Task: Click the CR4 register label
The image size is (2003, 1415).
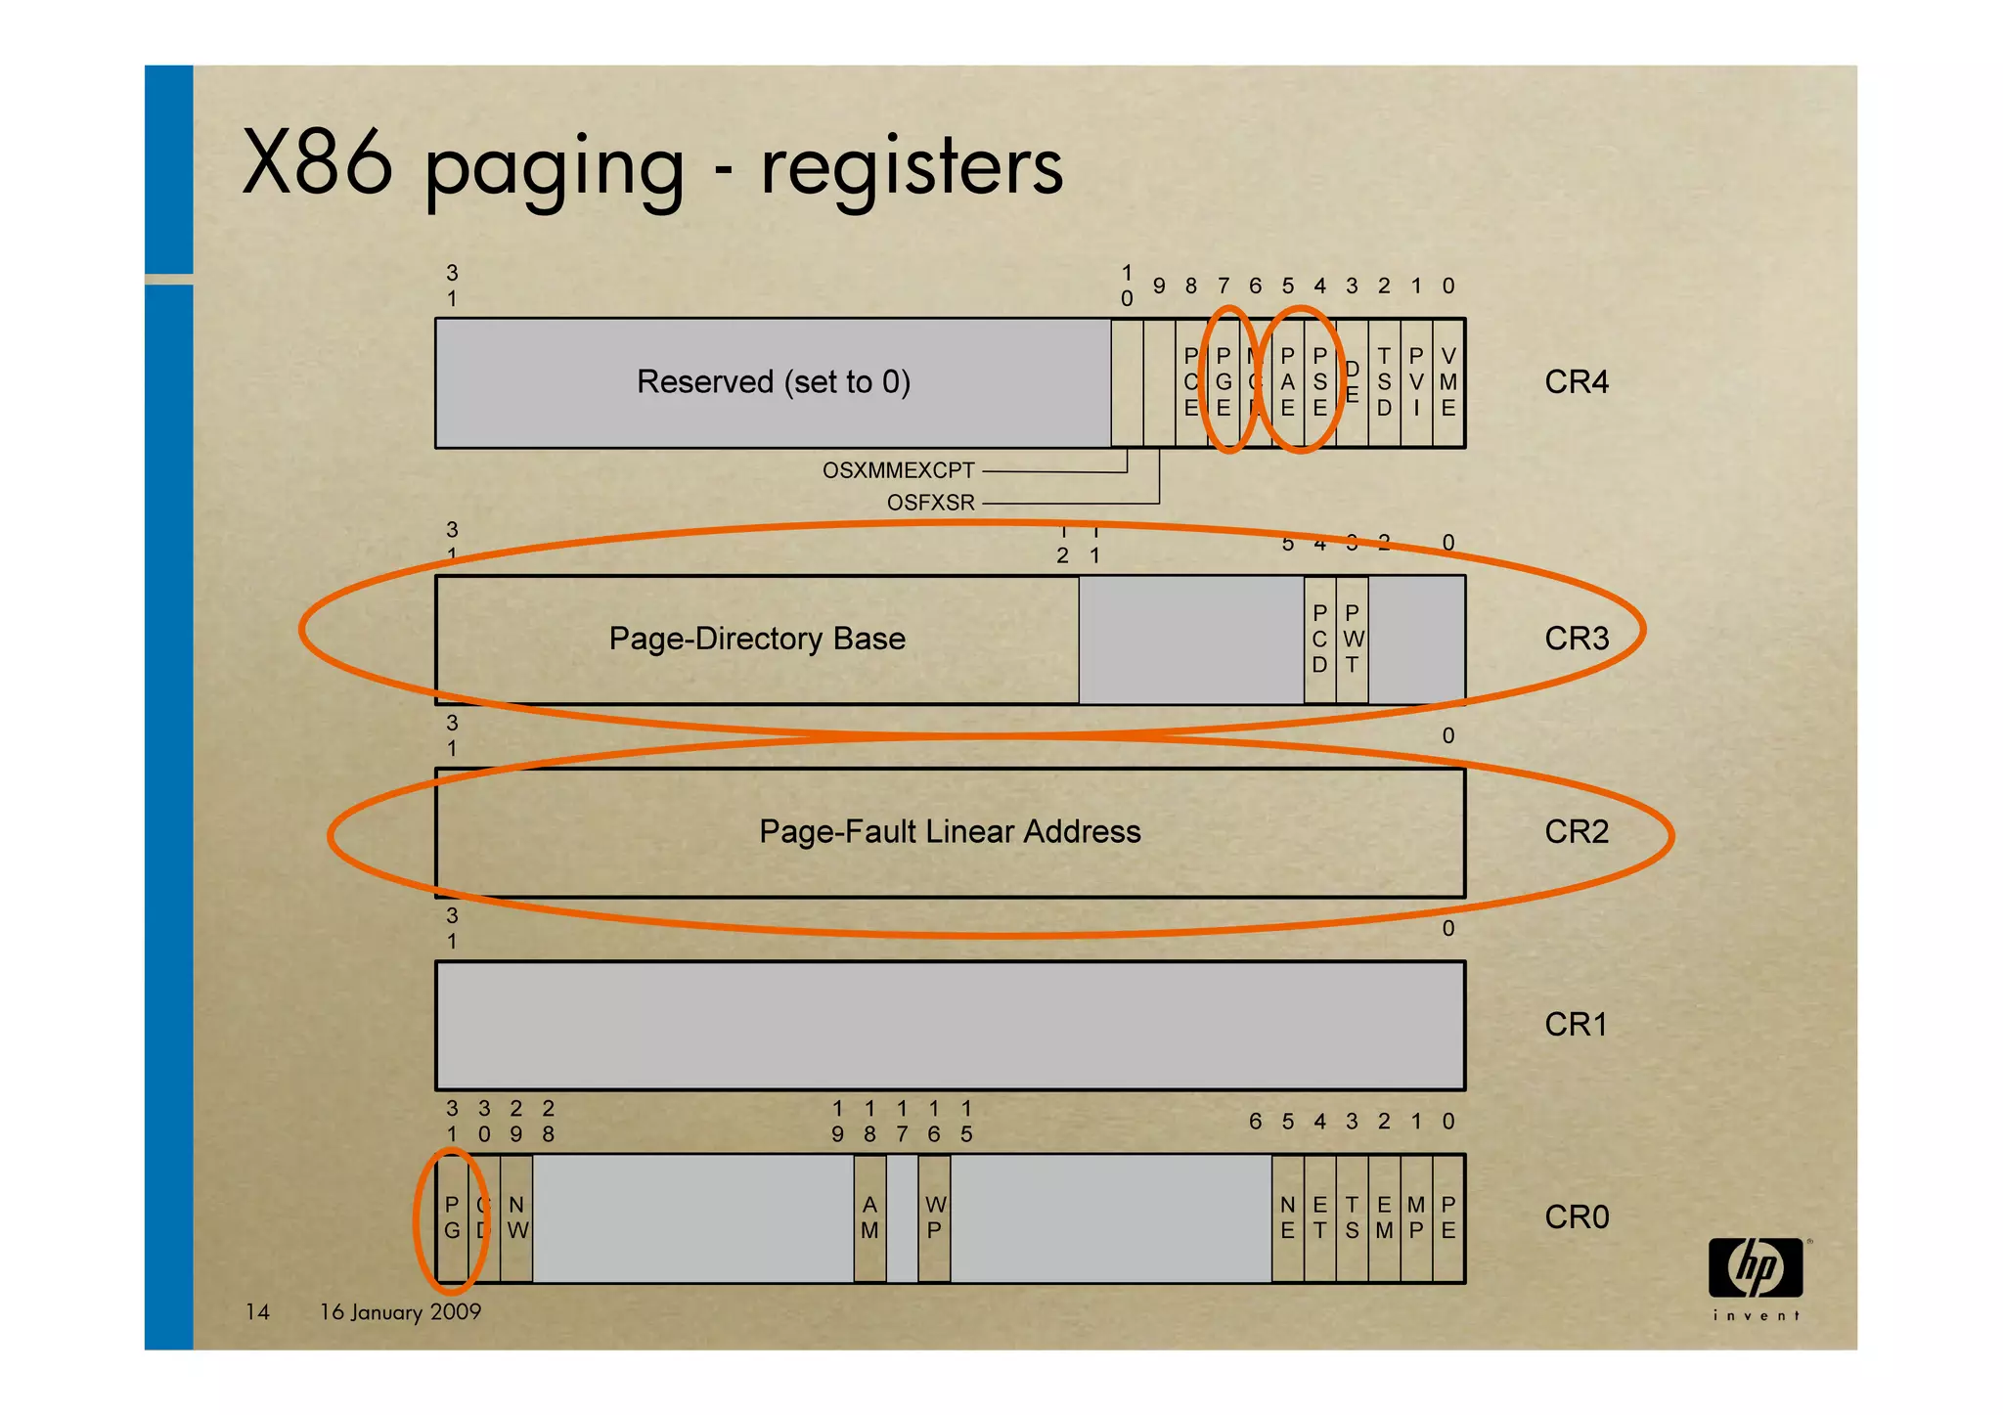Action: [1576, 381]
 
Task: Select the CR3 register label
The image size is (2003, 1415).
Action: [1576, 639]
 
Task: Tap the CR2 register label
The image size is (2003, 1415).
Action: [1576, 831]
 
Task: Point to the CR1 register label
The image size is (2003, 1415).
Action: [1576, 1024]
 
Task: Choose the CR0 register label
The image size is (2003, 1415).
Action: [1576, 1217]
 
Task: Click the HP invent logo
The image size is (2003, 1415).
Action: [1757, 1276]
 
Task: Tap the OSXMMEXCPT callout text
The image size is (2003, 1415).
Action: [898, 470]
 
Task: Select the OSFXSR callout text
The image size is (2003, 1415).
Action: [930, 503]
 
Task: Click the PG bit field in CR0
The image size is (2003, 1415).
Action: [452, 1218]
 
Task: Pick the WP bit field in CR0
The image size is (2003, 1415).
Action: [935, 1218]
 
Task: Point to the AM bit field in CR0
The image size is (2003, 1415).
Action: [869, 1218]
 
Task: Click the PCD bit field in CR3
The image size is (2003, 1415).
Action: [1319, 639]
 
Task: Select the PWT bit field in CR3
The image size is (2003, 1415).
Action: [1353, 639]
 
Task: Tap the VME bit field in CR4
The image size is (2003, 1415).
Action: [1448, 382]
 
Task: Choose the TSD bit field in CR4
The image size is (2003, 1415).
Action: [1384, 382]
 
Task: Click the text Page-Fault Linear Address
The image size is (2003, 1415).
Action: [950, 832]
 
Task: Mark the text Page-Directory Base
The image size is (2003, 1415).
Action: [757, 639]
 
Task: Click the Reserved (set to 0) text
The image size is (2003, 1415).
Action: [773, 381]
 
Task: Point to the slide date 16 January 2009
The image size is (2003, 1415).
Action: [400, 1312]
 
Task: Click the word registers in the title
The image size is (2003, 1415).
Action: [912, 167]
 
